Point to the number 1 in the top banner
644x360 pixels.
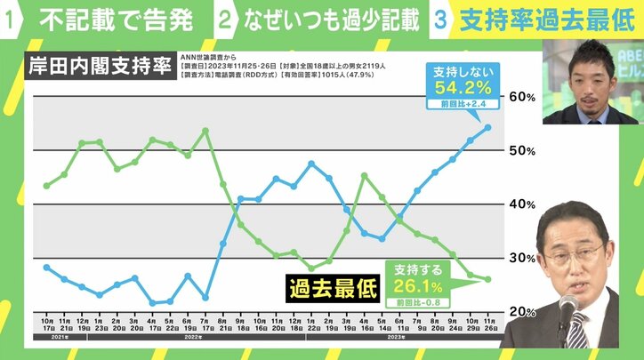click(x=12, y=20)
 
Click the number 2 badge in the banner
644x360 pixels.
click(x=227, y=20)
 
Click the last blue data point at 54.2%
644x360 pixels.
click(x=488, y=127)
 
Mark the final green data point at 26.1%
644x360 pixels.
click(x=488, y=279)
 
